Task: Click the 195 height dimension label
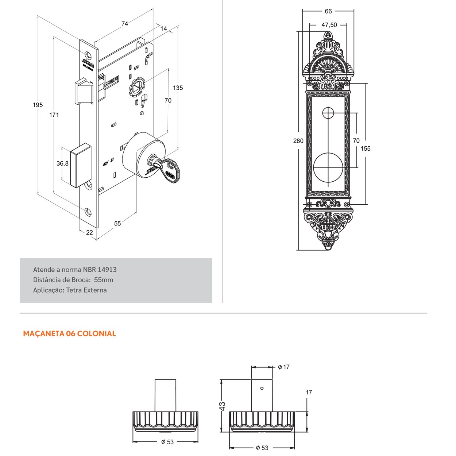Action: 38,105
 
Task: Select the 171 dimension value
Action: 54,115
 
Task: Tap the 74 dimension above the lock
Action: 125,24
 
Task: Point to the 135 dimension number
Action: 178,88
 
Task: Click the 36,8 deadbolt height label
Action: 62,163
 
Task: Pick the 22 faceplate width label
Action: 89,233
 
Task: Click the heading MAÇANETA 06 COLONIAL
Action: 69,334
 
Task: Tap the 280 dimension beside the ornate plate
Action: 298,141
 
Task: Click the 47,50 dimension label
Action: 329,25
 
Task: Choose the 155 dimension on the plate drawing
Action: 365,148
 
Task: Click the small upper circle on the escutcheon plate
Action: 328,113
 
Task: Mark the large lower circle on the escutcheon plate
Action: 328,167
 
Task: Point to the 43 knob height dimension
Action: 223,405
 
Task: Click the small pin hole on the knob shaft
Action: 262,388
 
